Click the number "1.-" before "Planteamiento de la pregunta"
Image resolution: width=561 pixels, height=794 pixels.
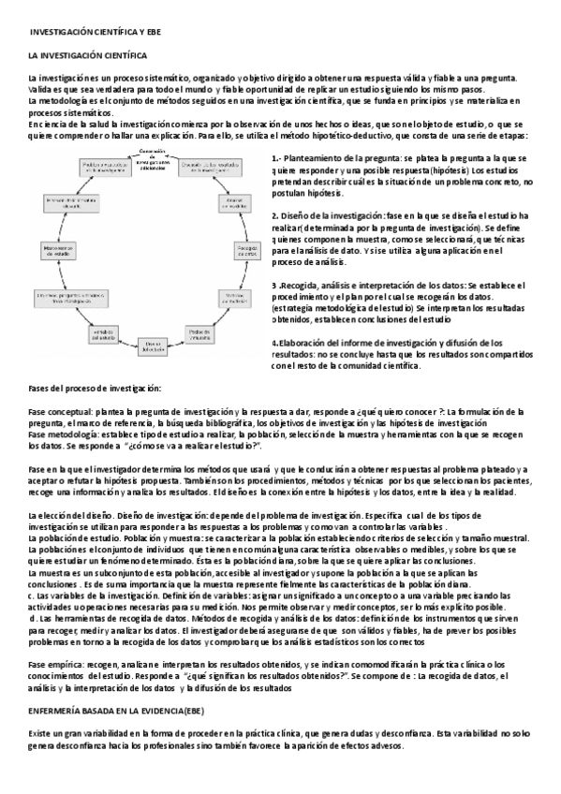click(277, 158)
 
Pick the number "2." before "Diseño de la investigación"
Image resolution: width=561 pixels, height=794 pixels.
click(274, 214)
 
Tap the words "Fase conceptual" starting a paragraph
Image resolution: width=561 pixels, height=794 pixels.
click(59, 411)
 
